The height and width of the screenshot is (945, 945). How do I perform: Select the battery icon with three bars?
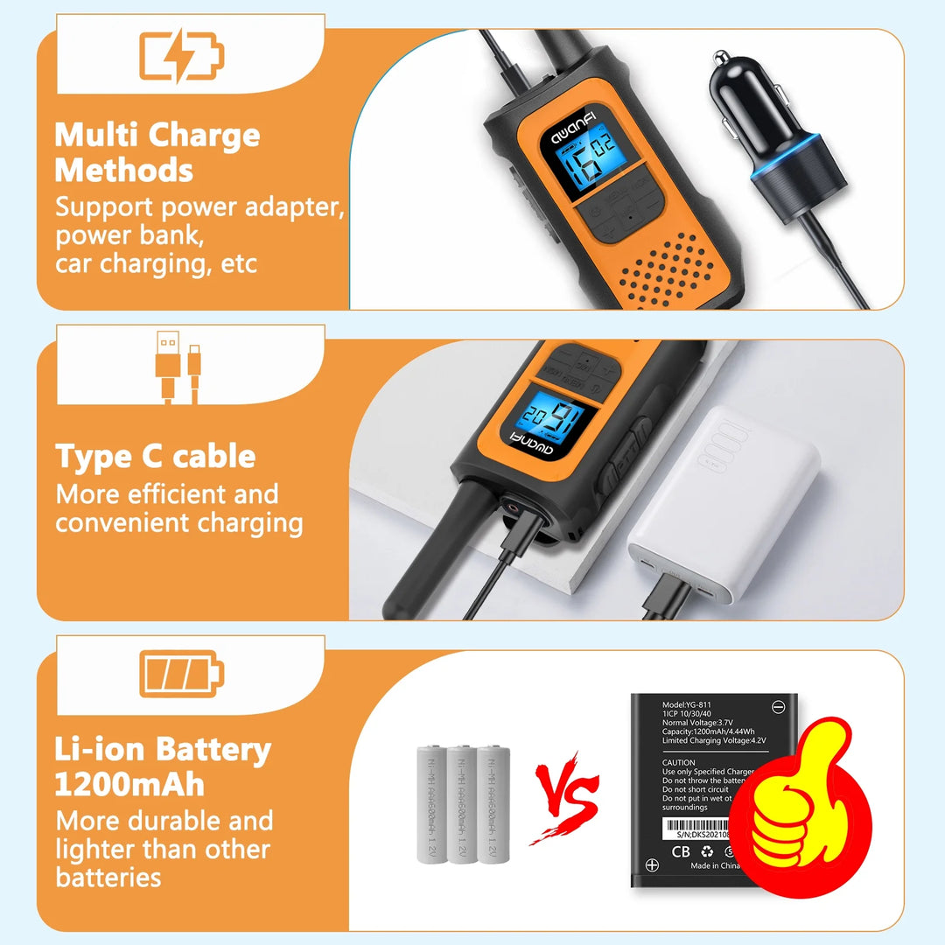(182, 674)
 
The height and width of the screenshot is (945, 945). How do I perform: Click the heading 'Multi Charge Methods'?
(157, 152)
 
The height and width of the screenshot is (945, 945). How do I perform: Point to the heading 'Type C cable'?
(156, 457)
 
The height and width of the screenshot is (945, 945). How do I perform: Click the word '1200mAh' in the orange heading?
(129, 784)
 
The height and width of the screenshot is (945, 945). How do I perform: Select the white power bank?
(724, 507)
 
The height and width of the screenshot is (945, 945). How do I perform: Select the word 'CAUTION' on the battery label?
(679, 763)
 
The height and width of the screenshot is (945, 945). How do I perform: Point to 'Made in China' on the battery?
(716, 866)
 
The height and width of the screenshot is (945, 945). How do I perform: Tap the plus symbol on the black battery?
(652, 865)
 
